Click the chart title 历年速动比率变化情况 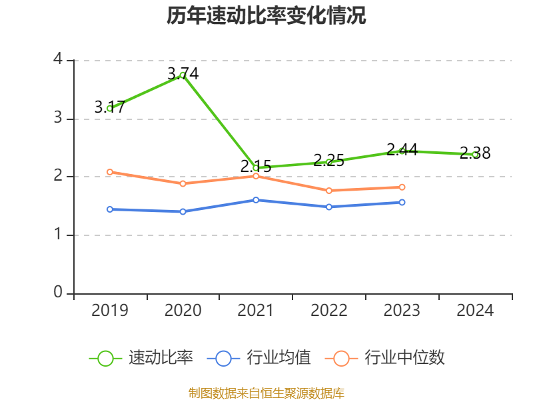[266, 16]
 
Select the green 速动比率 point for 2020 [183, 75]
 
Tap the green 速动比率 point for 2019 [109, 108]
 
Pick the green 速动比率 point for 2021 [256, 168]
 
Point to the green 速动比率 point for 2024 [475, 154]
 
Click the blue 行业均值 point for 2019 [109, 209]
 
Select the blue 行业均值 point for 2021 [256, 200]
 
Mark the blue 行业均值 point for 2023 [402, 202]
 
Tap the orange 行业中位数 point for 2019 [109, 172]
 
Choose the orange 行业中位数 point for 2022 [329, 191]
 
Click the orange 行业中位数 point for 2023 [402, 187]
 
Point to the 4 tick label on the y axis [58, 60]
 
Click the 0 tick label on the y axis [58, 293]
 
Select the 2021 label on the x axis [256, 311]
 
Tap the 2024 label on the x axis [475, 311]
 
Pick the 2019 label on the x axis [109, 311]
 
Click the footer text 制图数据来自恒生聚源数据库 [266, 393]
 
